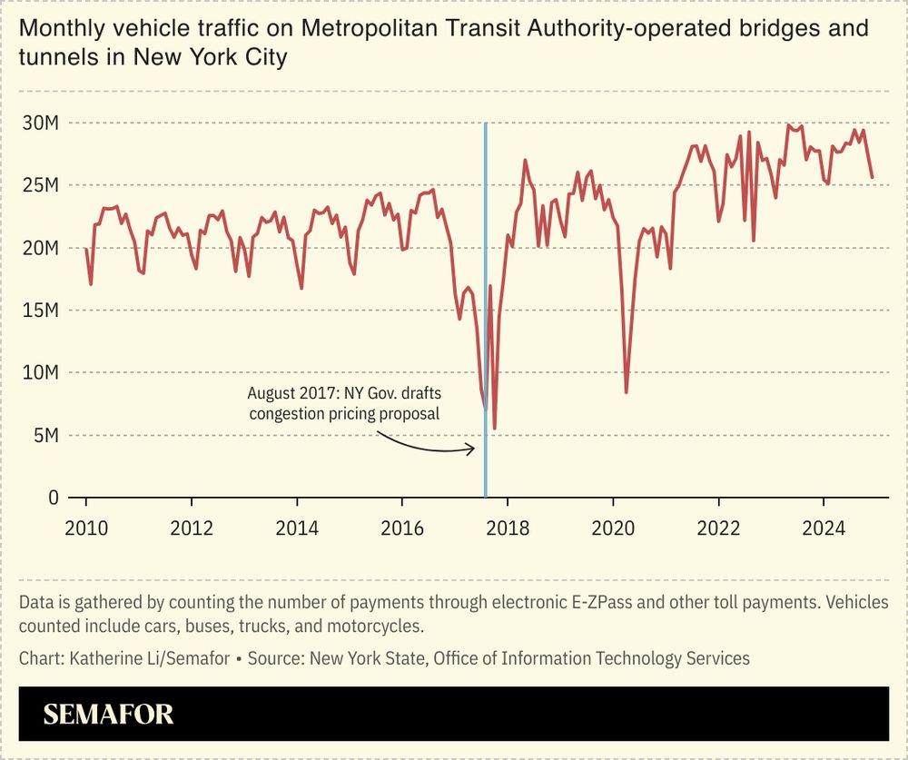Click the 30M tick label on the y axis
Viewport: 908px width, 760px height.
(40, 123)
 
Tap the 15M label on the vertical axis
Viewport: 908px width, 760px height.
(40, 311)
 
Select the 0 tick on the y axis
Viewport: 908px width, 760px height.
(53, 498)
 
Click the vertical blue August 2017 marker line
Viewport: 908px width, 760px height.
(486, 272)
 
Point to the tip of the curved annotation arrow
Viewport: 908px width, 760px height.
(474, 448)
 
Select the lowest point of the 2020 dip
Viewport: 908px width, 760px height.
(627, 392)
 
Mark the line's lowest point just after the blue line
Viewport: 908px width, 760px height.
(495, 429)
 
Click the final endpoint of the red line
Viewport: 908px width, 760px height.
(873, 178)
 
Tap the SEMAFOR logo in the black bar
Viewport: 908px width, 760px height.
(108, 715)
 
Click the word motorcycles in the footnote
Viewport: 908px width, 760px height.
(374, 627)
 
